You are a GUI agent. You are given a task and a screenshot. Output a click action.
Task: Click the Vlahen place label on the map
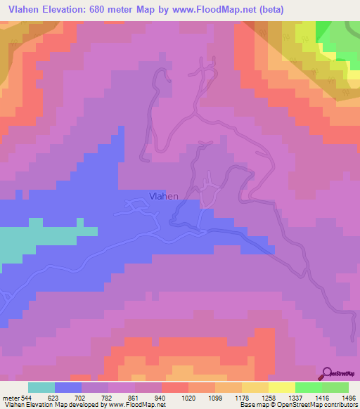(163, 197)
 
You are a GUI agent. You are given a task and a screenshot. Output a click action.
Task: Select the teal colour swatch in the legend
(41, 387)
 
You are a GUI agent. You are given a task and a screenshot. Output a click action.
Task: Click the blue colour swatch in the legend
(68, 387)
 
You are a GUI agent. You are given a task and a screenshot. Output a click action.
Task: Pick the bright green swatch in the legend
(308, 387)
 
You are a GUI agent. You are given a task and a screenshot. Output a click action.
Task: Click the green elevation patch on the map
(337, 39)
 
